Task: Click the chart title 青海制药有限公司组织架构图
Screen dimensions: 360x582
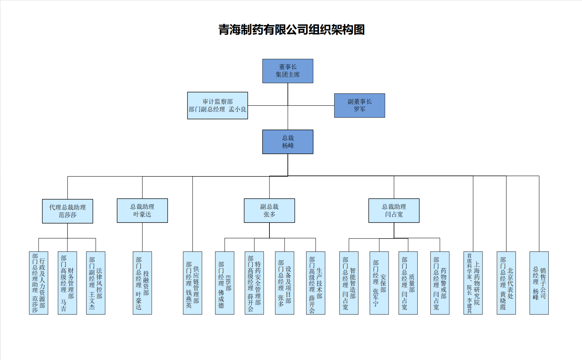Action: click(x=291, y=30)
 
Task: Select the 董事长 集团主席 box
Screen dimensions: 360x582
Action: click(x=287, y=71)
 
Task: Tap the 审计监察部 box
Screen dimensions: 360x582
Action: click(x=217, y=105)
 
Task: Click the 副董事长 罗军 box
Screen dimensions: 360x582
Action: click(x=359, y=105)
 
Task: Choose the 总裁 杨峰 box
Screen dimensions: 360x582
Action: click(x=287, y=142)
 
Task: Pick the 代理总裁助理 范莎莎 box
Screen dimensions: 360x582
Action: click(x=67, y=211)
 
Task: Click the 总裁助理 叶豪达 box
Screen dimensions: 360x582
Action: click(x=142, y=211)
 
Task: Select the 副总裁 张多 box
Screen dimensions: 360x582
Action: click(x=269, y=211)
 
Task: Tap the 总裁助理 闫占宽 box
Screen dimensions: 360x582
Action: click(x=394, y=211)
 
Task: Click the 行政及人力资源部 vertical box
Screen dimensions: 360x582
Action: click(x=38, y=283)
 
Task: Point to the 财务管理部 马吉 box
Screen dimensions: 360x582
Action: click(x=67, y=283)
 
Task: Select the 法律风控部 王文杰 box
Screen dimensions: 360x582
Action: click(x=95, y=283)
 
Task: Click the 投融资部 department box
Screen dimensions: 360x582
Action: click(x=142, y=283)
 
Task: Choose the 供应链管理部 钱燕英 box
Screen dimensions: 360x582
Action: click(x=192, y=283)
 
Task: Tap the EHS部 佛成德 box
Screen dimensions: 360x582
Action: click(x=224, y=283)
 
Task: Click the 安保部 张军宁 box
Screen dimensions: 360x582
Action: click(x=379, y=283)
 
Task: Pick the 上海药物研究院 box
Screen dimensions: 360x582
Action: click(x=473, y=283)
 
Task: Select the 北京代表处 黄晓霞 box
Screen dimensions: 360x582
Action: click(x=506, y=283)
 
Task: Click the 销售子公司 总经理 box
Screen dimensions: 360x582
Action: click(x=539, y=283)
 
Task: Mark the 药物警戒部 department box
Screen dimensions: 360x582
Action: click(x=439, y=283)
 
